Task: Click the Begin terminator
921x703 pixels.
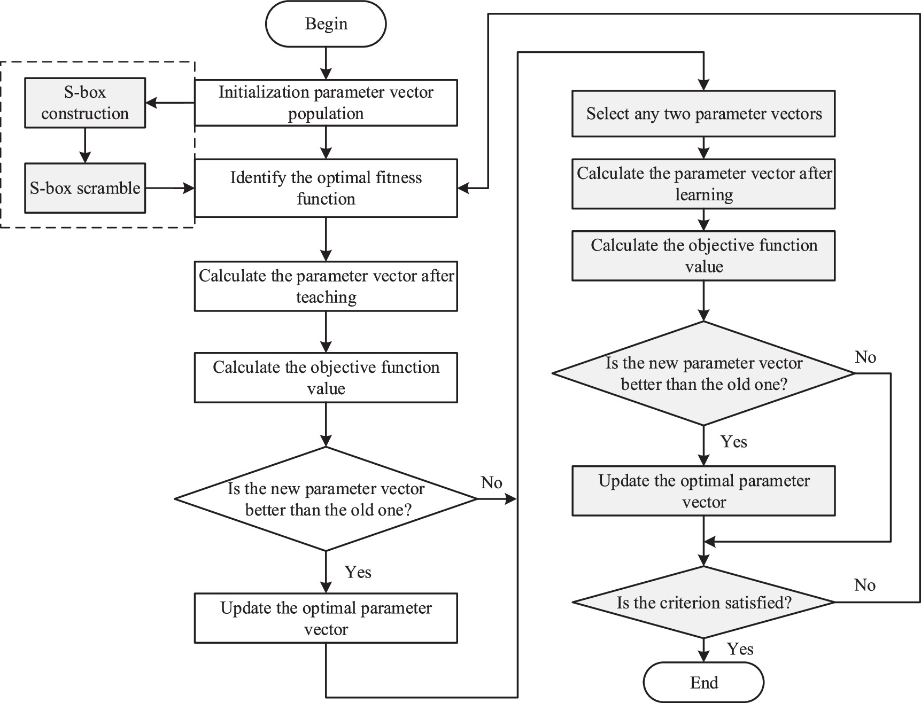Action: (x=326, y=24)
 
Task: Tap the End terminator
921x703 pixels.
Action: (x=703, y=683)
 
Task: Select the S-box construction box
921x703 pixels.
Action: (x=85, y=103)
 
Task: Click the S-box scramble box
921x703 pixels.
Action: (x=85, y=188)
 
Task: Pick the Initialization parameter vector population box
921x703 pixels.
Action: (x=326, y=103)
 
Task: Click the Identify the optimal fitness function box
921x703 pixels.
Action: (x=326, y=188)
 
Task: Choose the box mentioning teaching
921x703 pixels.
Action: (x=326, y=286)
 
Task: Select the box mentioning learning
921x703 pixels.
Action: (x=703, y=184)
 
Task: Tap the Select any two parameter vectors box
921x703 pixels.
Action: (x=703, y=114)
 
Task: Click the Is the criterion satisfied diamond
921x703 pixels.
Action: (x=703, y=603)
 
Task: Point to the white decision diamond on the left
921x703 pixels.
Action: (x=326, y=499)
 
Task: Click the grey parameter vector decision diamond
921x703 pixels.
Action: (x=703, y=373)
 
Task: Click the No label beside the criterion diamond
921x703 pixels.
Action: (x=864, y=585)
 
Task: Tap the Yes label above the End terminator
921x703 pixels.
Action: (x=740, y=649)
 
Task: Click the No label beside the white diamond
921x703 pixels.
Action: (x=491, y=482)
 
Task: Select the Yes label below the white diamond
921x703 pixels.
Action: (x=358, y=572)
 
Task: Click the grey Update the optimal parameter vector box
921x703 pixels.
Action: (x=703, y=491)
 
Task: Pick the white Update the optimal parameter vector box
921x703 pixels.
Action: (x=326, y=618)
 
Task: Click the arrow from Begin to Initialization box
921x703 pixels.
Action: (x=326, y=63)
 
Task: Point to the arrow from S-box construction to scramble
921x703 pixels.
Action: (x=85, y=145)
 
